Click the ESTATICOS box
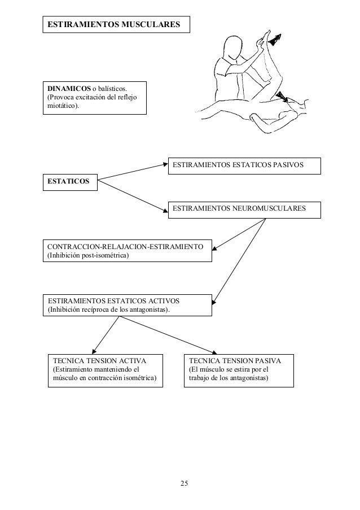tap(69, 181)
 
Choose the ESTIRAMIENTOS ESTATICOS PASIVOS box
tap(244, 165)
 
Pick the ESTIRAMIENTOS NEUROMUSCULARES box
tap(244, 209)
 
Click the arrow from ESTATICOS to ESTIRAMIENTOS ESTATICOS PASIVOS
tap(133, 171)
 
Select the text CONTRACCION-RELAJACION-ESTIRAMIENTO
tap(129, 247)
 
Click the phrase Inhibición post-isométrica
tap(88, 257)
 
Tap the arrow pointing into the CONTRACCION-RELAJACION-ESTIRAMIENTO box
tap(237, 234)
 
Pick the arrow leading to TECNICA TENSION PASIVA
tap(169, 337)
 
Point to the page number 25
tap(185, 483)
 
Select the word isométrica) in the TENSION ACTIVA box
tap(140, 378)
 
